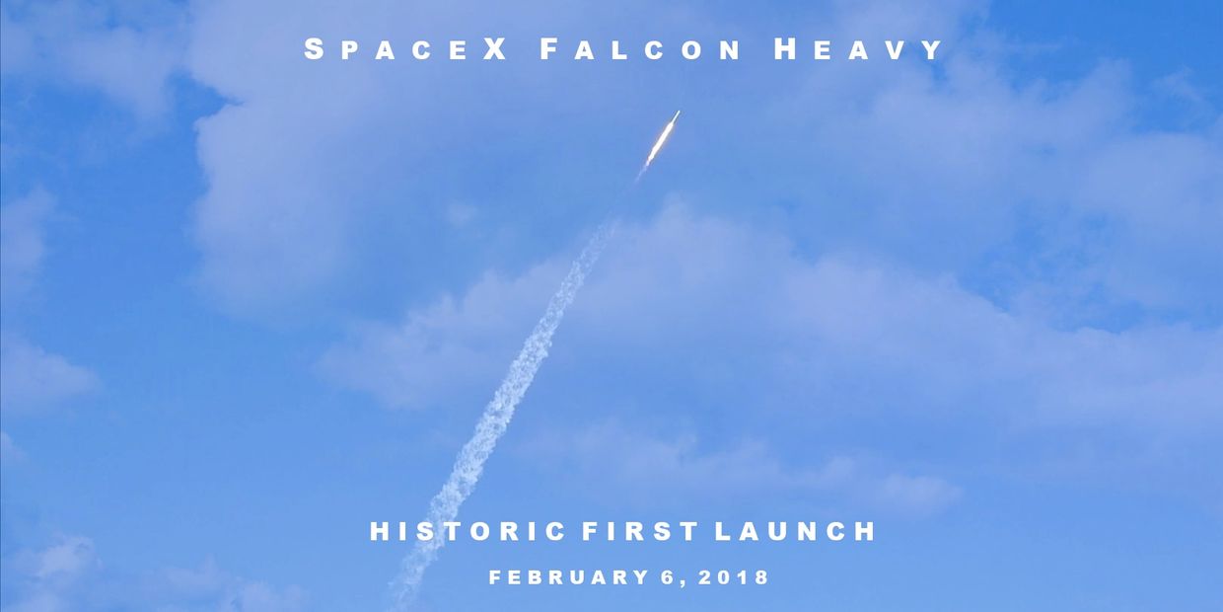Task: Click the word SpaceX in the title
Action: point(405,49)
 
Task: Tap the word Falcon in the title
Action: point(640,49)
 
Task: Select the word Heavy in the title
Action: point(859,49)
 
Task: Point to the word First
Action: point(640,531)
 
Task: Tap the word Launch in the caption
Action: point(796,531)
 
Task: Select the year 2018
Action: point(733,577)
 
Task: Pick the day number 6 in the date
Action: point(667,577)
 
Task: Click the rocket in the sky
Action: point(662,139)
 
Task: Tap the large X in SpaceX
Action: point(495,49)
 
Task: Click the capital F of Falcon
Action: point(548,49)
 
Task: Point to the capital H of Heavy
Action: point(786,49)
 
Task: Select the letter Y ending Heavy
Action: point(932,50)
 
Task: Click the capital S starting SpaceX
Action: point(314,49)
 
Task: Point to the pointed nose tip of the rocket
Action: point(680,112)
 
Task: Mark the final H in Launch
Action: point(866,531)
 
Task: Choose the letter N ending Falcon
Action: point(730,50)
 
